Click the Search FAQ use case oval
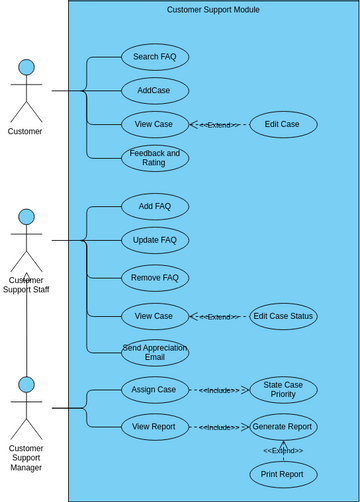point(154,57)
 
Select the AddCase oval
point(154,91)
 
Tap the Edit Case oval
point(283,125)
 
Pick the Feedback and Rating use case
point(154,158)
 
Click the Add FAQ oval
point(154,207)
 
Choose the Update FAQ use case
point(154,240)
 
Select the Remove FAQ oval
point(154,277)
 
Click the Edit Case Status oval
point(283,317)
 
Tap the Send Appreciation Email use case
point(154,352)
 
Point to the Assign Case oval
point(154,389)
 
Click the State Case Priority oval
point(283,390)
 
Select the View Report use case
point(154,427)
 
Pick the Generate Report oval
point(283,427)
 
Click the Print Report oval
point(283,474)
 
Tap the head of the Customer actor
point(26,67)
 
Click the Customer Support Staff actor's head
point(26,217)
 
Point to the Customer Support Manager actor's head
point(26,385)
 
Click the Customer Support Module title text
point(213,10)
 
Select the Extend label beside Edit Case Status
point(219,317)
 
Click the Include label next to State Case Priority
point(219,390)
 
